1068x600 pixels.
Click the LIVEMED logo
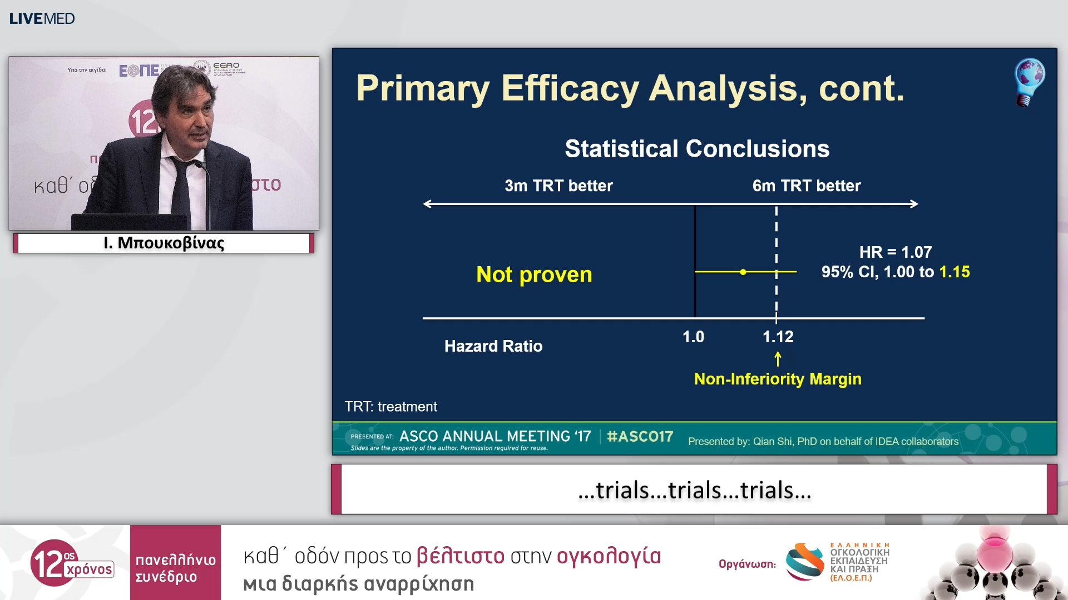(42, 18)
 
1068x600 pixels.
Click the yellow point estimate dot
(743, 272)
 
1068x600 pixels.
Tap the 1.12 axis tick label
(778, 337)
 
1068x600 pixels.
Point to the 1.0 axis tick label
(693, 337)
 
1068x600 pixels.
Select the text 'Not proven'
(534, 274)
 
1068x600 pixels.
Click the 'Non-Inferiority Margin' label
(778, 379)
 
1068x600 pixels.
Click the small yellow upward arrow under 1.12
(778, 359)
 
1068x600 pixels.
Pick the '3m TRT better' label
(558, 186)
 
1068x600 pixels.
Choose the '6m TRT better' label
(806, 186)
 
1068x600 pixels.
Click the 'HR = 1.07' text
(895, 252)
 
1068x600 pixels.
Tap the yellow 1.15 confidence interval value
(954, 272)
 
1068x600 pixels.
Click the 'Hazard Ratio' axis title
(493, 346)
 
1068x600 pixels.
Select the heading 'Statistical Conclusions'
(697, 149)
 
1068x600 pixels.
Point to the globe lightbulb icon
(1029, 81)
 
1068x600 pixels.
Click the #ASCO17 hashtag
(640, 437)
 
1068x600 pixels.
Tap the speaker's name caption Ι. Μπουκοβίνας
(164, 243)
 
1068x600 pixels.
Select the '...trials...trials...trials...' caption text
(694, 490)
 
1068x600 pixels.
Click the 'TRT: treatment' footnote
(390, 407)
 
